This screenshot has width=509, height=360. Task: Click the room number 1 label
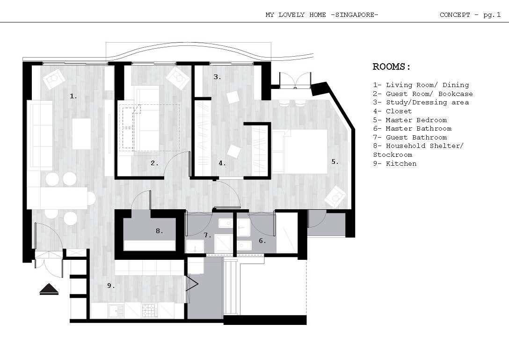[x=73, y=96]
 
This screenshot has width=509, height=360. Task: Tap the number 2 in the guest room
[x=154, y=163]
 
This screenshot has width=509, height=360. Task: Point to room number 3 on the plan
[x=217, y=77]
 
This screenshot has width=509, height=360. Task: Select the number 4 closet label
[x=222, y=163]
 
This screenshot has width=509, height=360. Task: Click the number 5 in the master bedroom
[x=334, y=162]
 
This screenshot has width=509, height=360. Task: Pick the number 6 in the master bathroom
[x=262, y=241]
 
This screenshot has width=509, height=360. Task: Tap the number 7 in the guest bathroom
[x=207, y=235]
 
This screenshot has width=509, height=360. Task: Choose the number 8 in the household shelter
[x=159, y=231]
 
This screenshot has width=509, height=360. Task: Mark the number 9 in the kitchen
[x=111, y=286]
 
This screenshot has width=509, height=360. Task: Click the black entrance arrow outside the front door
[x=49, y=289]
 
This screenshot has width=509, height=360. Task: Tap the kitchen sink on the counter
[x=116, y=311]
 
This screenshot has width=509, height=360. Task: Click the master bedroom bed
[x=300, y=151]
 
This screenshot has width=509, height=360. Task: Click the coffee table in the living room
[x=81, y=134]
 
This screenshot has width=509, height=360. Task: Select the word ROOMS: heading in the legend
[x=392, y=67]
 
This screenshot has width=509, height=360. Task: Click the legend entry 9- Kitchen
[x=395, y=163]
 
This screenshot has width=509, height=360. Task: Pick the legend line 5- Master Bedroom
[x=410, y=120]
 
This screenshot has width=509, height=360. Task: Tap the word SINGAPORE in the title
[x=355, y=15]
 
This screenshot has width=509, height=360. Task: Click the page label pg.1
[x=492, y=15]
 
